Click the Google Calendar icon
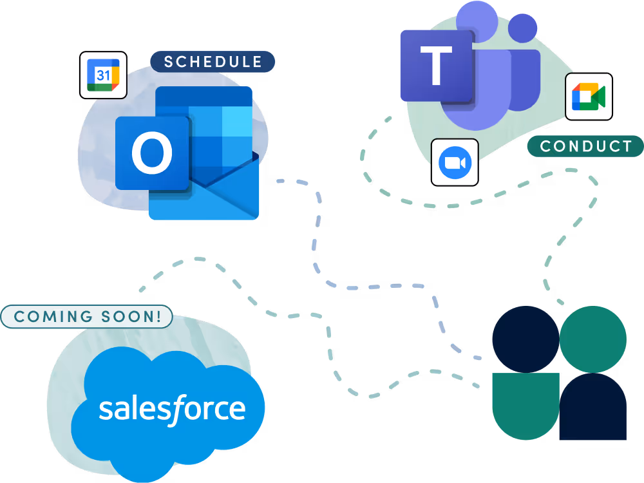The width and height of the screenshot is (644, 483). [x=103, y=75]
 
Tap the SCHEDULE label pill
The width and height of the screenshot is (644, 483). [x=213, y=62]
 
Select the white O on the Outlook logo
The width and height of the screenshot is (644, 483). [x=152, y=153]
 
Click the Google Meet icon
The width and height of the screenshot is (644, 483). [x=588, y=97]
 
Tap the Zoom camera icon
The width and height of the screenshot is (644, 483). [x=455, y=162]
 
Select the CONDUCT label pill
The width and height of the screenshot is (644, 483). [x=585, y=146]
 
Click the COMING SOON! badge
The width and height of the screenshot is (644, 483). [x=87, y=316]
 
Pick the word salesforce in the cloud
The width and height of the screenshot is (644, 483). [x=172, y=409]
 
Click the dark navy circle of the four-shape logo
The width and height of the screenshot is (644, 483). [x=526, y=339]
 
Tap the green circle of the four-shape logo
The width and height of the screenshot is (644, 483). [x=593, y=339]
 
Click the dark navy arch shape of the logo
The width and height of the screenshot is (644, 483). [x=593, y=409]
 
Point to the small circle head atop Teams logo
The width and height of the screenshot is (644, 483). [x=522, y=28]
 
